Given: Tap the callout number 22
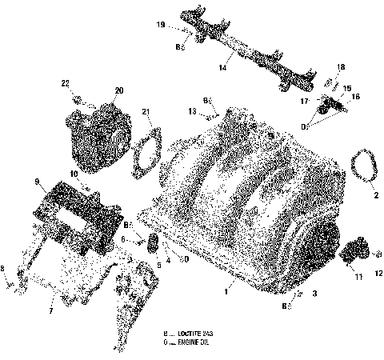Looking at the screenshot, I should [66, 82].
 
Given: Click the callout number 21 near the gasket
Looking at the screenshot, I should [145, 110].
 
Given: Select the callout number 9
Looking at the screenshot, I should [37, 182].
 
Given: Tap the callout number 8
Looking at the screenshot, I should [3, 269].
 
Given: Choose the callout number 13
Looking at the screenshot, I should [193, 110].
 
